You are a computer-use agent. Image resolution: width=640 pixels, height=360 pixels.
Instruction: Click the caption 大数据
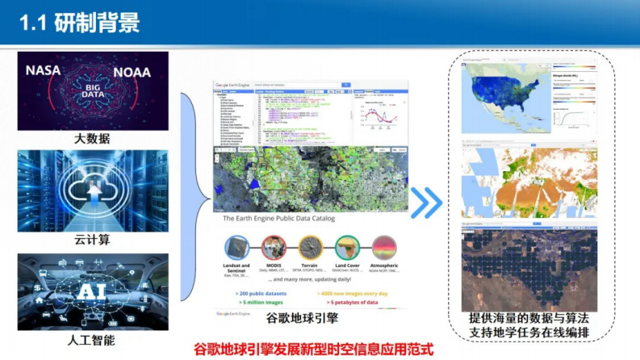pos(93,138)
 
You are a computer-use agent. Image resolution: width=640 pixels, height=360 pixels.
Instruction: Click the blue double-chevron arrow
pos(426,203)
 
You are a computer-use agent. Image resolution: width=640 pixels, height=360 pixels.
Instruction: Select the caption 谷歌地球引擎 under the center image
pos(311,320)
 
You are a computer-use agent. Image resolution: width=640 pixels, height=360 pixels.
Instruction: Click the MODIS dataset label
pos(275,266)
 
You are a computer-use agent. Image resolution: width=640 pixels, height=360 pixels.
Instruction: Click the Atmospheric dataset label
pos(385,266)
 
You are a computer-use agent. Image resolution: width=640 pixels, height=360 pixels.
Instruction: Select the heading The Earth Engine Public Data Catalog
pos(278,218)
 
